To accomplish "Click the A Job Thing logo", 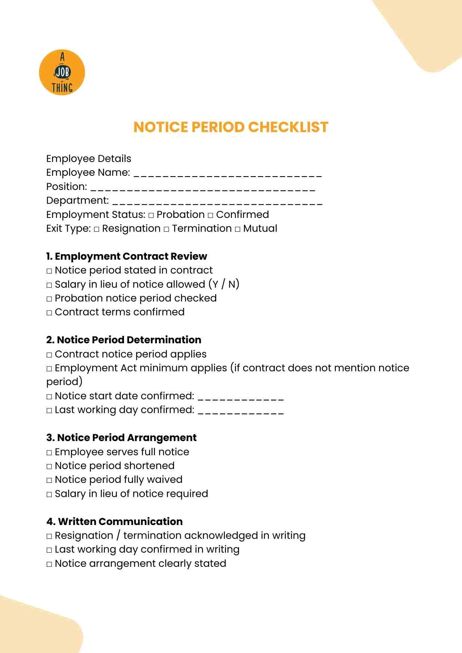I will (x=62, y=72).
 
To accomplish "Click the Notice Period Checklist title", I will (x=231, y=127).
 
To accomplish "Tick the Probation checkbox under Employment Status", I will (x=151, y=216).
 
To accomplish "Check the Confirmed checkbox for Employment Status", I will (x=210, y=216).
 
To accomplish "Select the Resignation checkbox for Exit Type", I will (x=96, y=229).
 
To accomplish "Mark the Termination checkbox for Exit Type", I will (x=166, y=229).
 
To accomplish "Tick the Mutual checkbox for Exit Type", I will (x=238, y=229).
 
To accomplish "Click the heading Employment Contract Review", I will (x=127, y=256).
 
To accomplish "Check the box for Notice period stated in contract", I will (x=49, y=271).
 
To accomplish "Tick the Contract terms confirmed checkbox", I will (x=49, y=313).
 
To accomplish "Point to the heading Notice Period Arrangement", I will (x=121, y=438).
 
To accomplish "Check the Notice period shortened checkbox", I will (x=49, y=466).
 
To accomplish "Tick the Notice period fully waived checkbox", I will (x=49, y=480).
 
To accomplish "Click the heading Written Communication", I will (x=115, y=522).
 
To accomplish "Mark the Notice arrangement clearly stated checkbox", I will (x=49, y=564).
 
